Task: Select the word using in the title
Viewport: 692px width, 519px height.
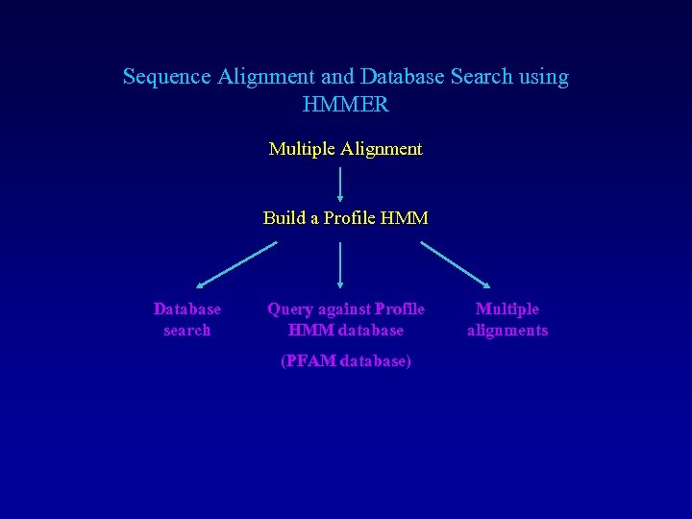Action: [542, 76]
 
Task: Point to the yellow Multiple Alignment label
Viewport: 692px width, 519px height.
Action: [345, 149]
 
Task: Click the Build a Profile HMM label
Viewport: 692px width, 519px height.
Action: [345, 218]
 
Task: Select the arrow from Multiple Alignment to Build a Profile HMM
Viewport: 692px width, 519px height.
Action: [340, 184]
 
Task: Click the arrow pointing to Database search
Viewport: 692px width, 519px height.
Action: [236, 264]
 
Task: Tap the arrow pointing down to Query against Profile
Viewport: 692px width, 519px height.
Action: [340, 264]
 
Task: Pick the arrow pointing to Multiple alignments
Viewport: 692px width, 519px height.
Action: [456, 264]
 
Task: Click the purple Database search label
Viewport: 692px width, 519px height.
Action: [186, 319]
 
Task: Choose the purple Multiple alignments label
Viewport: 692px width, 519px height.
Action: [507, 319]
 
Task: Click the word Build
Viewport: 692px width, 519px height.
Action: [284, 218]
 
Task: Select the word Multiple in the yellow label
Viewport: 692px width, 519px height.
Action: [301, 149]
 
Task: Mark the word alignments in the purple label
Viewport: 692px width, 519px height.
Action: [507, 330]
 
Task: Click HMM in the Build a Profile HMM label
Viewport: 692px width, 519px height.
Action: [404, 218]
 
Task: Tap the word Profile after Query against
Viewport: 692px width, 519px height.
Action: [400, 309]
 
